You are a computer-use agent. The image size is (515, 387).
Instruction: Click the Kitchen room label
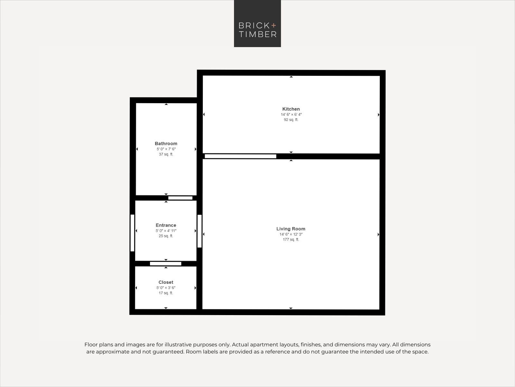coord(291,109)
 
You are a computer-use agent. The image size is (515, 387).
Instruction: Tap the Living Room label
coord(291,229)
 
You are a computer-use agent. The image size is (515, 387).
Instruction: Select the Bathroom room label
coord(166,144)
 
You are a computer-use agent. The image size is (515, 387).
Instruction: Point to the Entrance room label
coord(166,225)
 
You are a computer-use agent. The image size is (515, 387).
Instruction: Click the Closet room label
coord(166,282)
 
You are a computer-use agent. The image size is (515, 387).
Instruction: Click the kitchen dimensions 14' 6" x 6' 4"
coord(291,115)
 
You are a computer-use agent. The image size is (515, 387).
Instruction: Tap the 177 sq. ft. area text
coord(291,240)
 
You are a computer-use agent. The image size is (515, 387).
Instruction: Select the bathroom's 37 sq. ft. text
coord(166,154)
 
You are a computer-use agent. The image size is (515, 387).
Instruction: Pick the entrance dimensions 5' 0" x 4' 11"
coord(166,231)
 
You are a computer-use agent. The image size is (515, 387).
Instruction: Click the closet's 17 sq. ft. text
coord(166,293)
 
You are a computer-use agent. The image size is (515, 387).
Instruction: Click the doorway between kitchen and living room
coord(240,156)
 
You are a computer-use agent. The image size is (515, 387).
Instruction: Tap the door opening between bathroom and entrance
coord(180,198)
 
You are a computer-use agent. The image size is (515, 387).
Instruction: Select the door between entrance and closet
coord(165,263)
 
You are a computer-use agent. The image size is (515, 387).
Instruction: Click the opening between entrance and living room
coord(200,231)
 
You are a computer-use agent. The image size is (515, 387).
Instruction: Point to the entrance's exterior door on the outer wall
coord(132,233)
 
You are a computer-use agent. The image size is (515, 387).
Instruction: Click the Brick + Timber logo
coord(257,24)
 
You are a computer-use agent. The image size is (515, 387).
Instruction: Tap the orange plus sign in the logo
coord(274,25)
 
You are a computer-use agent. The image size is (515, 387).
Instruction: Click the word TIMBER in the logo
coord(257,34)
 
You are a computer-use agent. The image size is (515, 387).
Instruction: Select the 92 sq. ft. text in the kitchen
coord(291,120)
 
